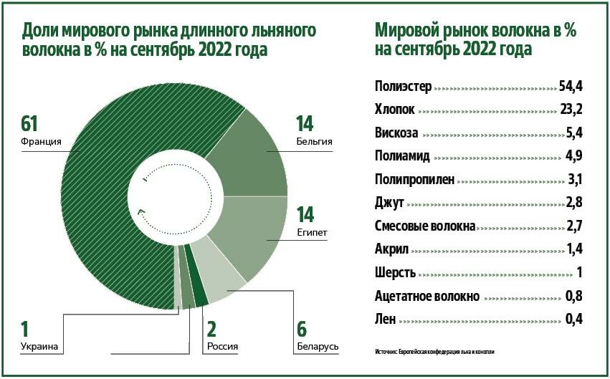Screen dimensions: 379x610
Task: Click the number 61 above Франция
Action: pos(30,124)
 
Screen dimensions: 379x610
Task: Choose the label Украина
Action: pos(39,347)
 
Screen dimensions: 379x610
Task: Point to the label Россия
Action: pos(222,347)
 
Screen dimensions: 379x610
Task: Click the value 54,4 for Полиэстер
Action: pos(570,87)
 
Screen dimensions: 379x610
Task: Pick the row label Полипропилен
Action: pos(414,179)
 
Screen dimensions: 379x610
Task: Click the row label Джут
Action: pos(389,203)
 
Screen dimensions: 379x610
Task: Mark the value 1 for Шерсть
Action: pos(578,272)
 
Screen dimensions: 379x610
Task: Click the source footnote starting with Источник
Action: pos(434,352)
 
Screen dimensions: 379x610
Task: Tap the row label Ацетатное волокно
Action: pos(426,295)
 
